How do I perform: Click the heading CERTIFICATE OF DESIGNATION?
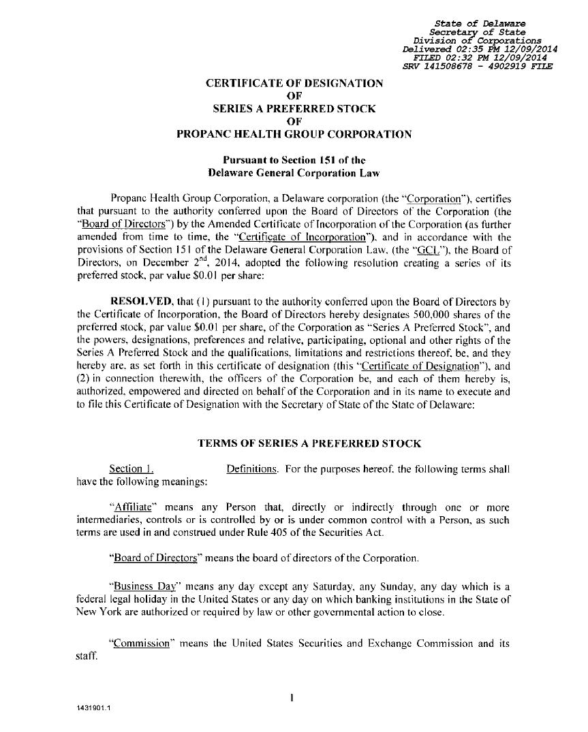[x=294, y=83]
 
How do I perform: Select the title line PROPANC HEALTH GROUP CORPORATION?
[x=294, y=134]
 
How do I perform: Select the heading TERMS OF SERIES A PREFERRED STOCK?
[x=309, y=443]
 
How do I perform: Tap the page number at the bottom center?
[x=292, y=697]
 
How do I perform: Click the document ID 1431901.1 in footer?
[x=94, y=707]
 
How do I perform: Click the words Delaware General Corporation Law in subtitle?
[x=294, y=173]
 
